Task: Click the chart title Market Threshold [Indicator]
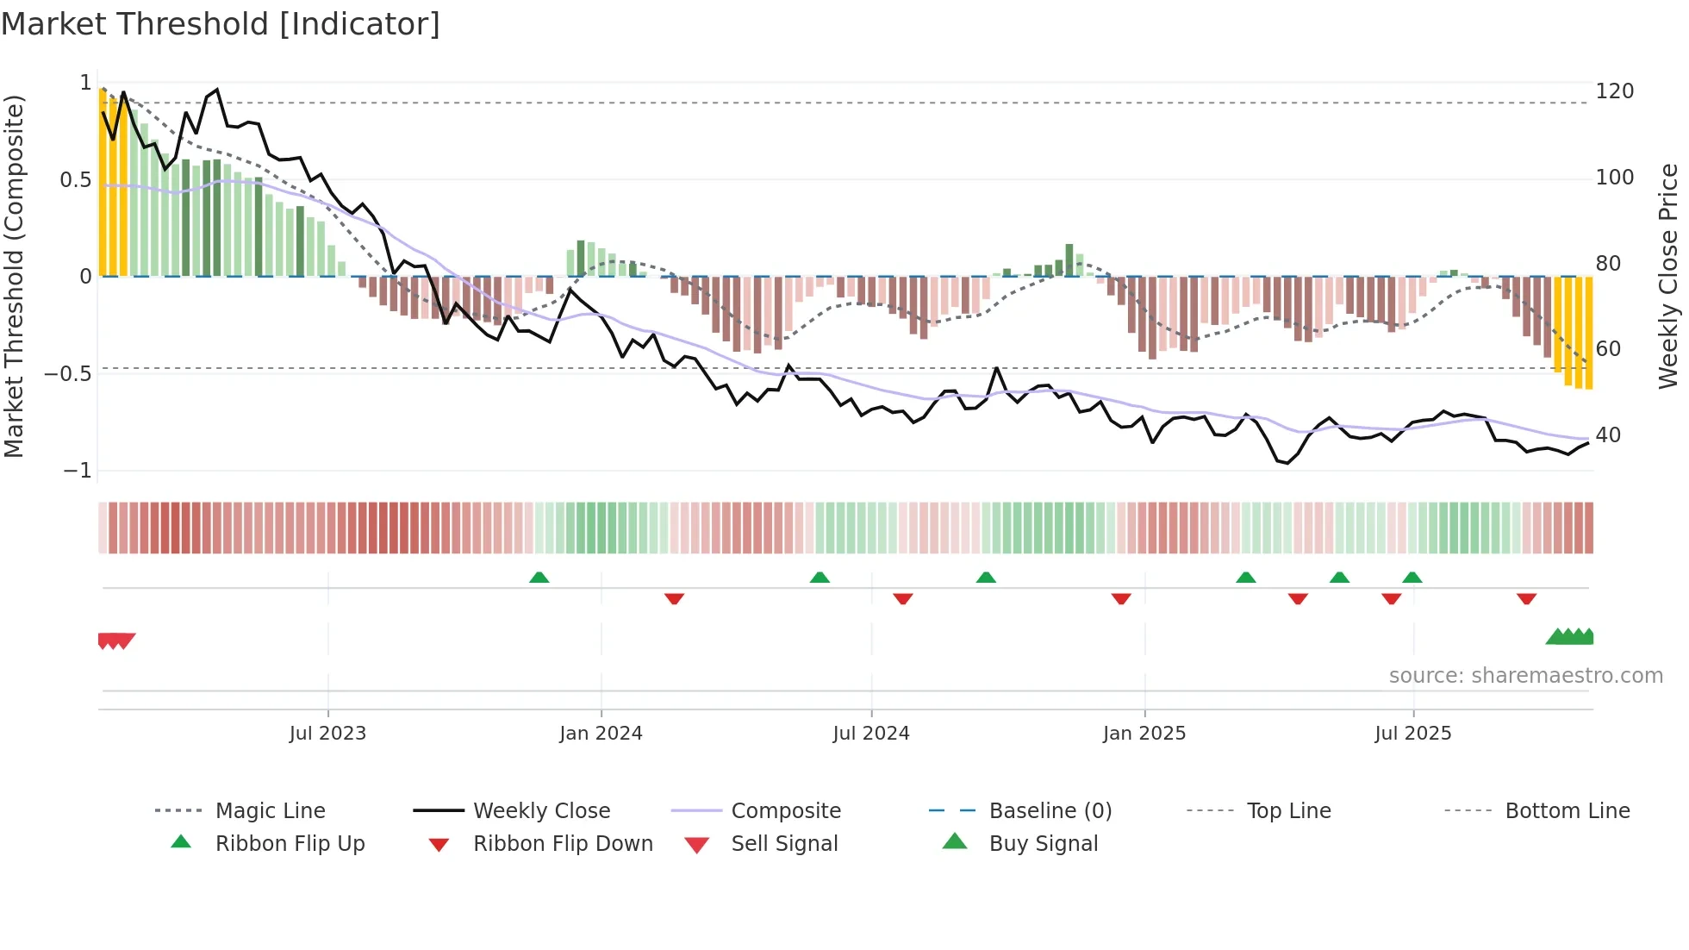[x=221, y=24]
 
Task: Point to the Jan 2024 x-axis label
[x=601, y=734]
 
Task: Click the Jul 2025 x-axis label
[x=1412, y=734]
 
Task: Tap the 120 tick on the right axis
[x=1614, y=91]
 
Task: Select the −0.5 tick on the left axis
[x=68, y=374]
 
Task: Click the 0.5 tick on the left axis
[x=75, y=180]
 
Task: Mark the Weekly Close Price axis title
[x=1668, y=276]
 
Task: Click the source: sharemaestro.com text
[x=1525, y=676]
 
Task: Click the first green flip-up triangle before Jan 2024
[x=539, y=578]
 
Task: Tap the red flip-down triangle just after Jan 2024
[x=674, y=598]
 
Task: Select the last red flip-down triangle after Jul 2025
[x=1526, y=598]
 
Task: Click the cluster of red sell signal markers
[x=116, y=641]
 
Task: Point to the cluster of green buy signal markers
[x=1571, y=637]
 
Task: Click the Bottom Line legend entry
[x=1567, y=811]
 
